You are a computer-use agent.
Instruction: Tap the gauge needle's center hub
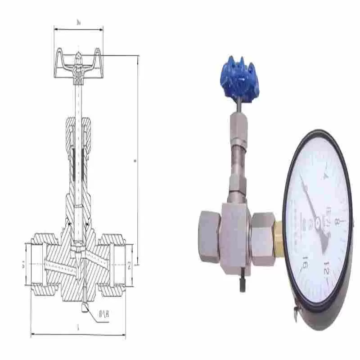pyautogui.click(x=318, y=222)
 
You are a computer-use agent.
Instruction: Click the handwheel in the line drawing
pyautogui.click(x=79, y=65)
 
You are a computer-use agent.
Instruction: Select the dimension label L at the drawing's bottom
pyautogui.click(x=78, y=329)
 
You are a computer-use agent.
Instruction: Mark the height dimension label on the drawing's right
pyautogui.click(x=135, y=159)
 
